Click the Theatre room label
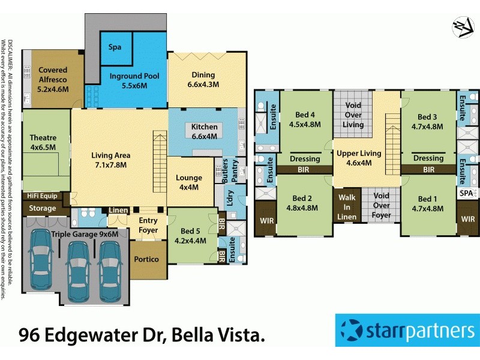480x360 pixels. click(x=43, y=142)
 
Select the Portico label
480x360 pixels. click(x=147, y=259)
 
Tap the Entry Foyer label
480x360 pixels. click(x=148, y=225)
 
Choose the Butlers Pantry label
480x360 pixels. click(x=230, y=172)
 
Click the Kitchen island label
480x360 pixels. click(x=205, y=131)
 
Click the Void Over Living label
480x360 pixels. click(x=353, y=115)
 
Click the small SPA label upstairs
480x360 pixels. click(x=465, y=193)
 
